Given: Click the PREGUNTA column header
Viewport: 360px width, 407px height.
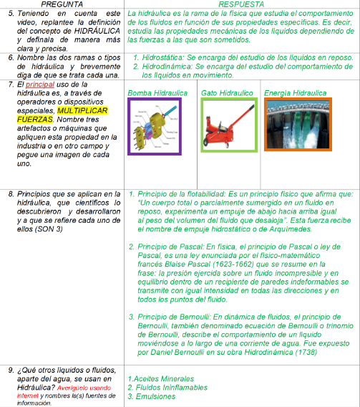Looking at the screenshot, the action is coord(62,4).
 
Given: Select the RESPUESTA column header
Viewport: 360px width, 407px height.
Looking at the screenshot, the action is coord(241,4).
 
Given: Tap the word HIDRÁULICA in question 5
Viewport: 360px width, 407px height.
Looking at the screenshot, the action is coord(97,31).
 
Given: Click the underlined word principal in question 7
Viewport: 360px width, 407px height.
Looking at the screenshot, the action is coord(40,85).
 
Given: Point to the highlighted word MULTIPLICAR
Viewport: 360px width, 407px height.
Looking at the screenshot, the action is coord(82,110).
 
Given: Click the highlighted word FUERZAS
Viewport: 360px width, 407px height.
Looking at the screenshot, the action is coord(35,120).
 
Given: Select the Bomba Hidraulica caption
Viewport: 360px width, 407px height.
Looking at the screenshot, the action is coord(157,93).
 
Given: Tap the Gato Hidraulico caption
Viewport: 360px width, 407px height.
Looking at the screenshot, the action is coord(227,93).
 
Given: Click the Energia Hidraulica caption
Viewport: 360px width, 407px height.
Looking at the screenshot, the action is coord(295,93).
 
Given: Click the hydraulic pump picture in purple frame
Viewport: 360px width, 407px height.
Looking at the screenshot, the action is coord(155,126).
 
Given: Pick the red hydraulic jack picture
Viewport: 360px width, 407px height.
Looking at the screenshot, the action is coord(229,125).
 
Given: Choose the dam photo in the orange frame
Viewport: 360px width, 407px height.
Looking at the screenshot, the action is coord(298,125).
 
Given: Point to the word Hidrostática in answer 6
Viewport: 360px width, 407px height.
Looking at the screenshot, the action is coord(162,57).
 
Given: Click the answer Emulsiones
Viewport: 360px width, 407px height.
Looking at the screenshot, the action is coord(155,396).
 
